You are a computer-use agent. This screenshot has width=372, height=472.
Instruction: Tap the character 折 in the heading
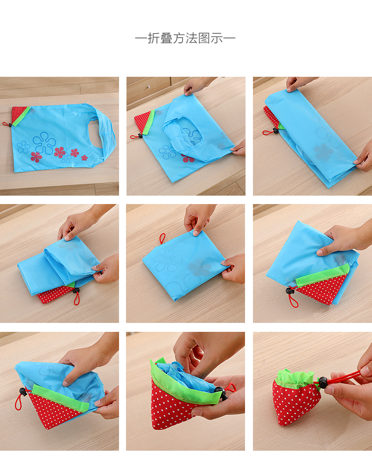tap(153, 38)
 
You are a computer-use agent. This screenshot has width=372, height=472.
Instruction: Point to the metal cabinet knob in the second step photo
tap(149, 87)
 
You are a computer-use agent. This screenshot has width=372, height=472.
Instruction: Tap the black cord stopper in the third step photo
tap(275, 131)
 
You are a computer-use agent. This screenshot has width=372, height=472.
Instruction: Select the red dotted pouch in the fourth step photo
tap(56, 294)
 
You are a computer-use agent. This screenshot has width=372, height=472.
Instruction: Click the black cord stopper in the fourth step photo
tap(76, 291)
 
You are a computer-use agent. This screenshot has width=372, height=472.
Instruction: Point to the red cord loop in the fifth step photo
tap(163, 238)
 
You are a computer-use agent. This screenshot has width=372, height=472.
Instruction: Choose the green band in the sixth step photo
tap(322, 275)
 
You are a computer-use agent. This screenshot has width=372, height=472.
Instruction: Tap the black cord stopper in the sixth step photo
tap(290, 291)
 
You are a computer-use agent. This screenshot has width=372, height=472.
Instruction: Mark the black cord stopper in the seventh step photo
tap(22, 392)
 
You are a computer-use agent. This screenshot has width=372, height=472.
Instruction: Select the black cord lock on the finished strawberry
tap(322, 382)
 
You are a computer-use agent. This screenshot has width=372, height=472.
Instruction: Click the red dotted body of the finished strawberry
tap(296, 403)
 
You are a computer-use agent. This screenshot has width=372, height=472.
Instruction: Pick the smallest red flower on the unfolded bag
tap(84, 157)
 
